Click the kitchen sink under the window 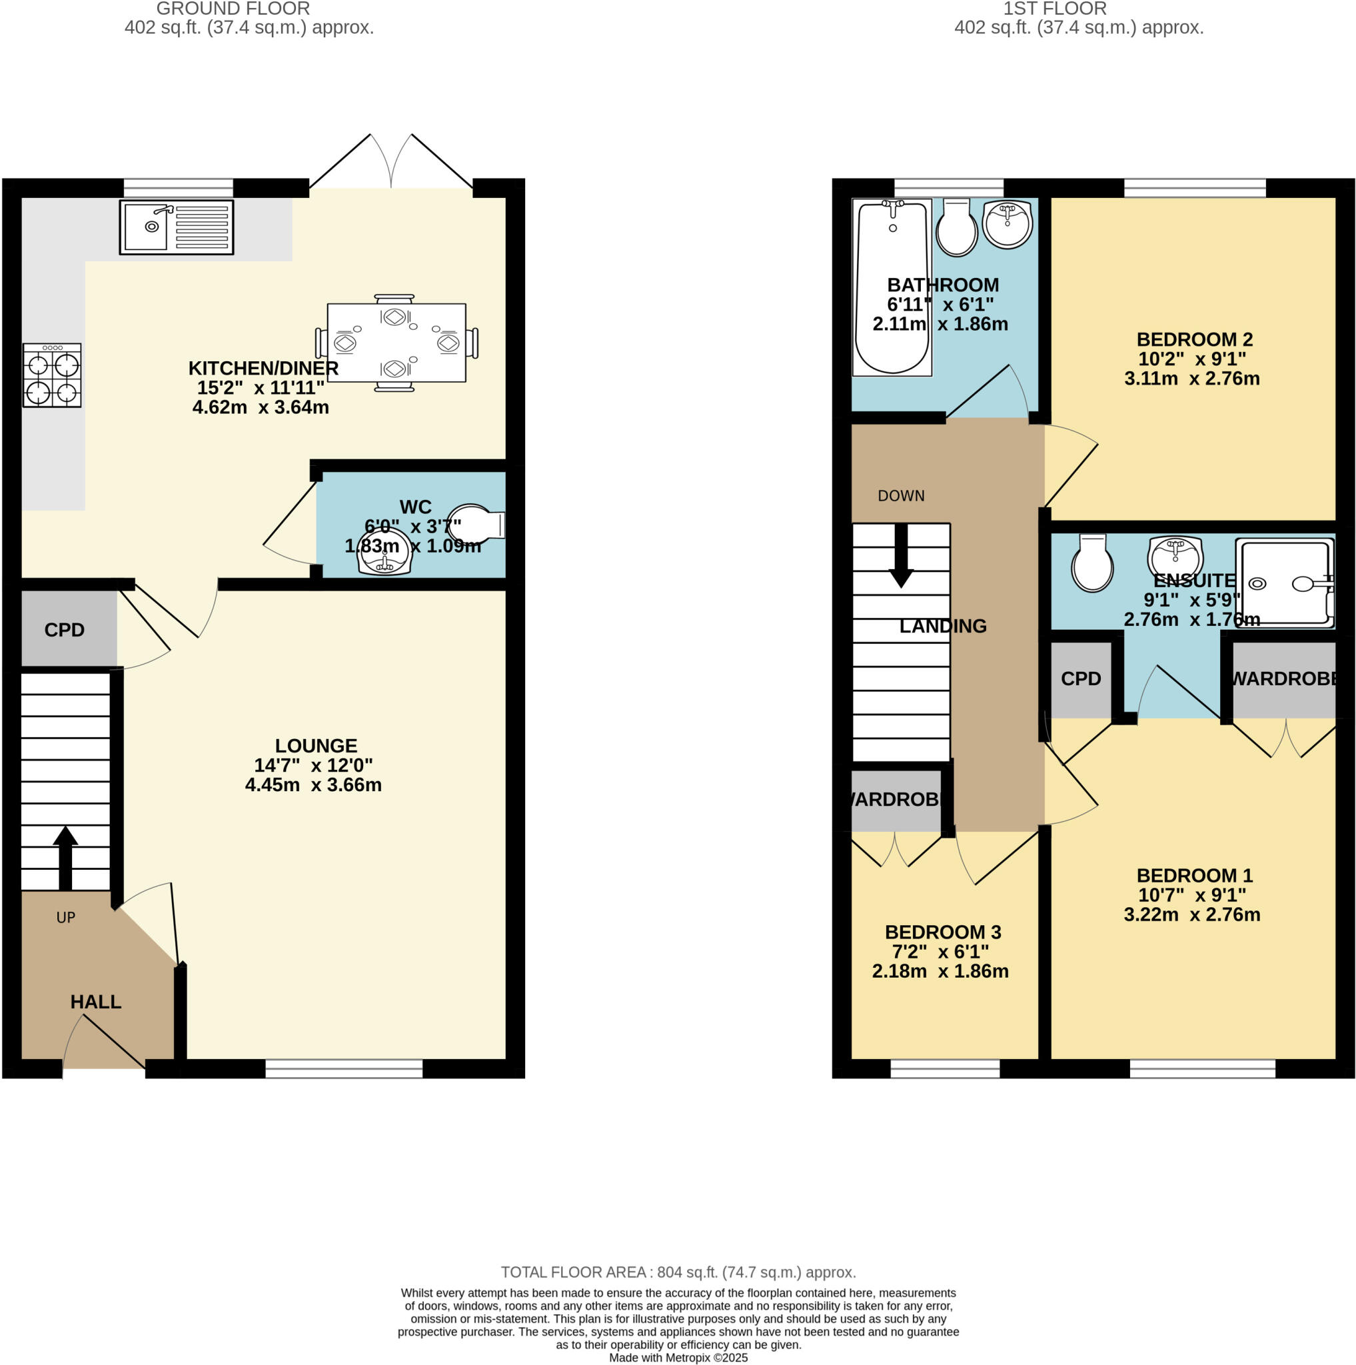(x=176, y=227)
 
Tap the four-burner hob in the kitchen (x=51, y=375)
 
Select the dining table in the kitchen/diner (x=396, y=343)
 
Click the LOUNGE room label (x=316, y=745)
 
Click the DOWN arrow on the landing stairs (x=900, y=555)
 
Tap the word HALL (x=95, y=1001)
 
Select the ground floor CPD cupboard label (x=64, y=629)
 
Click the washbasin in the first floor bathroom (x=1007, y=223)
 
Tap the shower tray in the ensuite (x=1284, y=583)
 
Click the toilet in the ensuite (x=1092, y=563)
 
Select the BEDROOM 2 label (x=1194, y=339)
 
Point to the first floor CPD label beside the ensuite (x=1080, y=679)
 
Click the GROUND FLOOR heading (x=233, y=9)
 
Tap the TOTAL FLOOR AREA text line (x=678, y=1272)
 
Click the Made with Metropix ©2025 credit (x=678, y=1357)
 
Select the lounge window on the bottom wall (x=343, y=1069)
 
